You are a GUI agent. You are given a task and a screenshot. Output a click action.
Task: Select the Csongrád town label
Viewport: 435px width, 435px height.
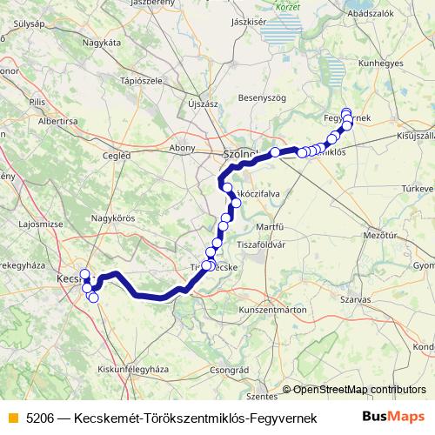coord(229,370)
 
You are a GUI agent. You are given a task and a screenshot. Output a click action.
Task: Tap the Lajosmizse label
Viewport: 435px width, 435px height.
coord(37,224)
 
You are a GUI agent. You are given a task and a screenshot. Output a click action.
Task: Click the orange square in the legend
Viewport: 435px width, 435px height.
coord(11,418)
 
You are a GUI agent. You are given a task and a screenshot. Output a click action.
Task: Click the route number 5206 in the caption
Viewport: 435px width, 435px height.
coord(40,418)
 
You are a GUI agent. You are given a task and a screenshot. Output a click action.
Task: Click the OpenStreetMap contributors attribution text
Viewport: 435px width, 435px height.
coord(359,390)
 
